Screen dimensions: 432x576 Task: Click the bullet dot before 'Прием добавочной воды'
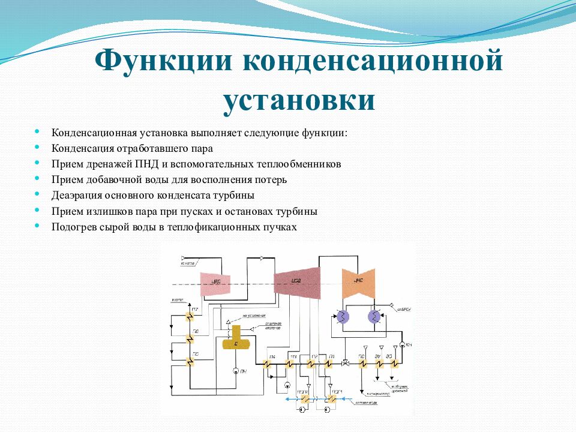point(37,179)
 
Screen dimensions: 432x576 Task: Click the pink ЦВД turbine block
point(215,282)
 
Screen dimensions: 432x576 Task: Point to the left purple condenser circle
point(342,317)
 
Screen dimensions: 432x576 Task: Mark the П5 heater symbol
point(189,362)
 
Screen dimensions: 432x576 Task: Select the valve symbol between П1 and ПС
point(346,364)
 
